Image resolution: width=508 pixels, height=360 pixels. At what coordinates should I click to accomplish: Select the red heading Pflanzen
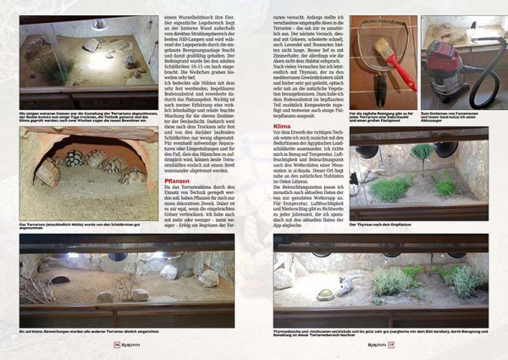[178, 180]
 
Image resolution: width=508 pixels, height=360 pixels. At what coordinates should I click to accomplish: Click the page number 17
[389, 344]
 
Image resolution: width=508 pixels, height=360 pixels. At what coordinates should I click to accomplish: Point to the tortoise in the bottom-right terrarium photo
[326, 294]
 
